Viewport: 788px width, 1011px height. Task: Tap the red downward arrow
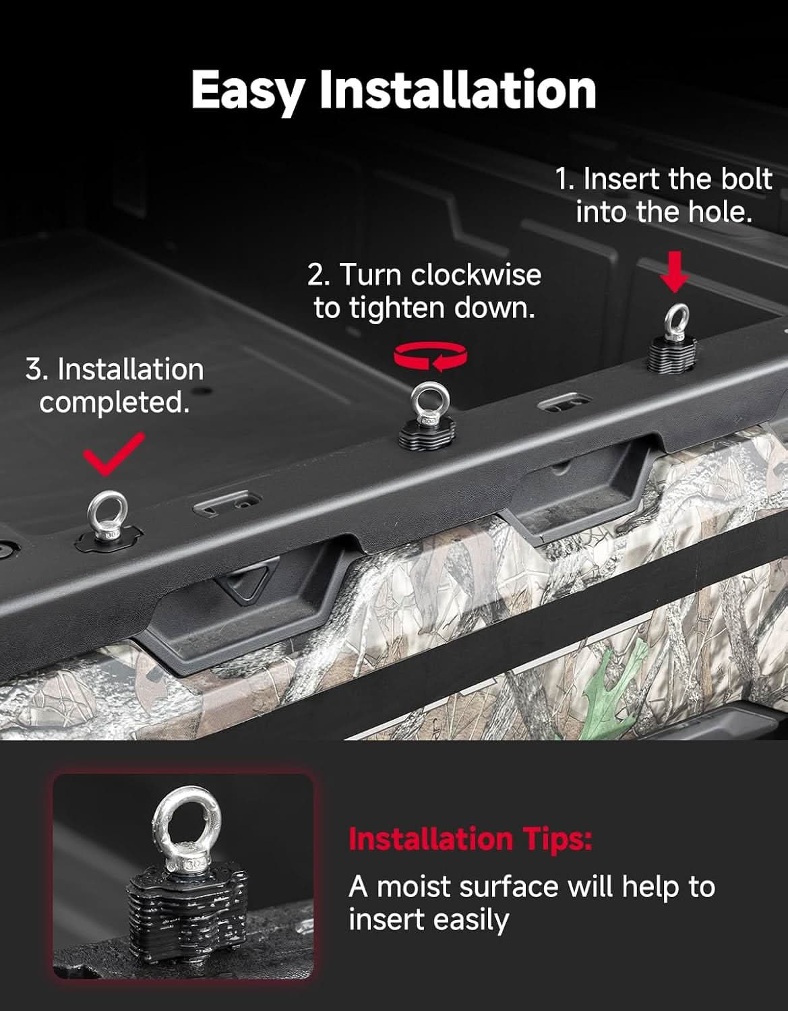[x=674, y=272]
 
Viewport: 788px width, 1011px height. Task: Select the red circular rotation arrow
[x=430, y=357]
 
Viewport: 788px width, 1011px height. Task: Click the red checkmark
[x=113, y=454]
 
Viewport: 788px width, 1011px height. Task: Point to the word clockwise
[x=476, y=275]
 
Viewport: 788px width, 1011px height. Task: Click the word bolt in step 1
[x=747, y=179]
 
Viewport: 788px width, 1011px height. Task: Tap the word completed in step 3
[x=115, y=403]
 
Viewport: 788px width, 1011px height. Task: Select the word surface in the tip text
[x=508, y=886]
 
